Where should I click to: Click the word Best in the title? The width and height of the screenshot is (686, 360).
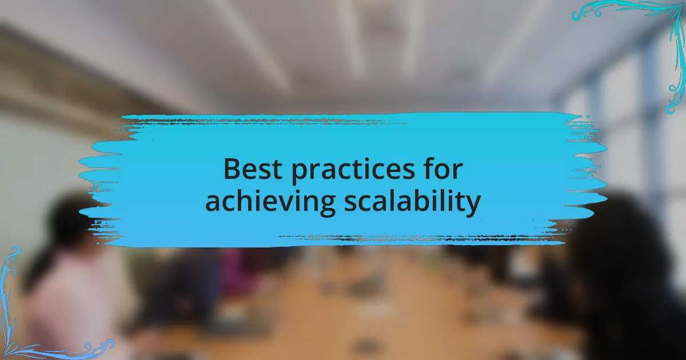click(x=253, y=169)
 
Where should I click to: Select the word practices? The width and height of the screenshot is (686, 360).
click(x=353, y=171)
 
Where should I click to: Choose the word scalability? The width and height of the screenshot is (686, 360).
click(x=412, y=202)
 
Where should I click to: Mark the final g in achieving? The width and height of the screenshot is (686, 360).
click(x=328, y=206)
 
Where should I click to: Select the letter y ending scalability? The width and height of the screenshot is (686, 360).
click(x=473, y=206)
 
